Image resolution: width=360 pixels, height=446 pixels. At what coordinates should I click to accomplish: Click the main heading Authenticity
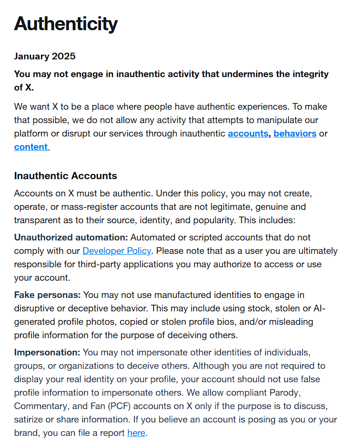(x=66, y=23)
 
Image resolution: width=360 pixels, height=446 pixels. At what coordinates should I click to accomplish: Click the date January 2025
(x=45, y=56)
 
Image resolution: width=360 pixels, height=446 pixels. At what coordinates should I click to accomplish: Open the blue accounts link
(x=247, y=133)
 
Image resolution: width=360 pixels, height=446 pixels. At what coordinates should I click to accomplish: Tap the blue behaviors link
(x=294, y=133)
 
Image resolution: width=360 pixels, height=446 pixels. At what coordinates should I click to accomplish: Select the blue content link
(x=31, y=147)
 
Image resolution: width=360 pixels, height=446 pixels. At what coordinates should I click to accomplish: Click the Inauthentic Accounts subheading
(x=66, y=176)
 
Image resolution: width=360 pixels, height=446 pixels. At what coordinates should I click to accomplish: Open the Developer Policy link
(x=117, y=251)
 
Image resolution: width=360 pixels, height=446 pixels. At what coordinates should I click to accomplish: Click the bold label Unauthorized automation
(x=71, y=237)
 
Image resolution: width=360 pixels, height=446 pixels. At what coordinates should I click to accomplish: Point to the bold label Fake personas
(x=47, y=295)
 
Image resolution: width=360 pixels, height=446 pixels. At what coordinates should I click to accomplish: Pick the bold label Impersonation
(x=47, y=352)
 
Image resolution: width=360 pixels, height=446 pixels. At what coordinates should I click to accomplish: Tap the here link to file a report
(x=136, y=433)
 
